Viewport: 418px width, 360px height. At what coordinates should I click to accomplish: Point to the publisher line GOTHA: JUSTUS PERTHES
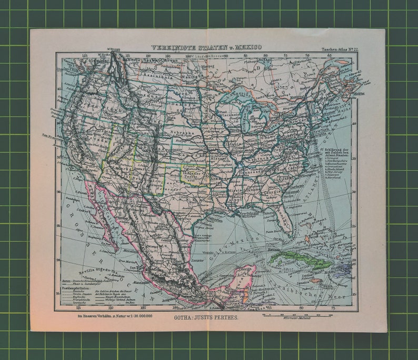coord(205,318)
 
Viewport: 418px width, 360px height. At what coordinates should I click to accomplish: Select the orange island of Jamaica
coord(315,281)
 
